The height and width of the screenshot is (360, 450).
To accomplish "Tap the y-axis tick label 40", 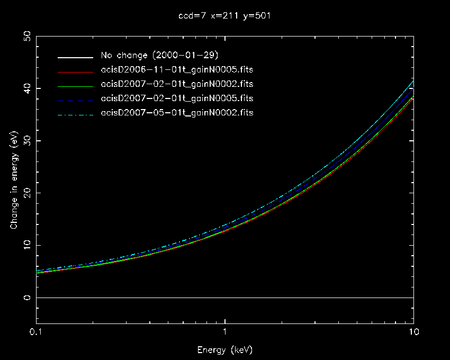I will click(26, 88).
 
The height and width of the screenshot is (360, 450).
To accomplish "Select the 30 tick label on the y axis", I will click(26, 141).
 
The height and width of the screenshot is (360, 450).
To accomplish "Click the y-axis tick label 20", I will click(26, 193).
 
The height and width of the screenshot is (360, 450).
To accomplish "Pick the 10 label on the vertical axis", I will click(26, 245).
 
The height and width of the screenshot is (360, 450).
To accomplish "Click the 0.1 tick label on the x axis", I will click(36, 332).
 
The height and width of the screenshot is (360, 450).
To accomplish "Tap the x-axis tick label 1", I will click(225, 332).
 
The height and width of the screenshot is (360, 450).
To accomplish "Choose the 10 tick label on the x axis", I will click(413, 332).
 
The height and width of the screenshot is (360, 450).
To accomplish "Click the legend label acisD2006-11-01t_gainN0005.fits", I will click(176, 70).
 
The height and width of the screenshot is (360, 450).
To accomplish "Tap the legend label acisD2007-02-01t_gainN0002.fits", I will click(176, 84).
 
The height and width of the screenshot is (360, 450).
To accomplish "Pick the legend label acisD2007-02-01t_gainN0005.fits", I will click(176, 98).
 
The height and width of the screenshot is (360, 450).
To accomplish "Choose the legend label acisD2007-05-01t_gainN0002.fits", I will click(176, 113).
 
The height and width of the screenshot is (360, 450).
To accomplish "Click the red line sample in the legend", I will click(77, 70).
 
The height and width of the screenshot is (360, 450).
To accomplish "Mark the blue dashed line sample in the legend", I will click(77, 99).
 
